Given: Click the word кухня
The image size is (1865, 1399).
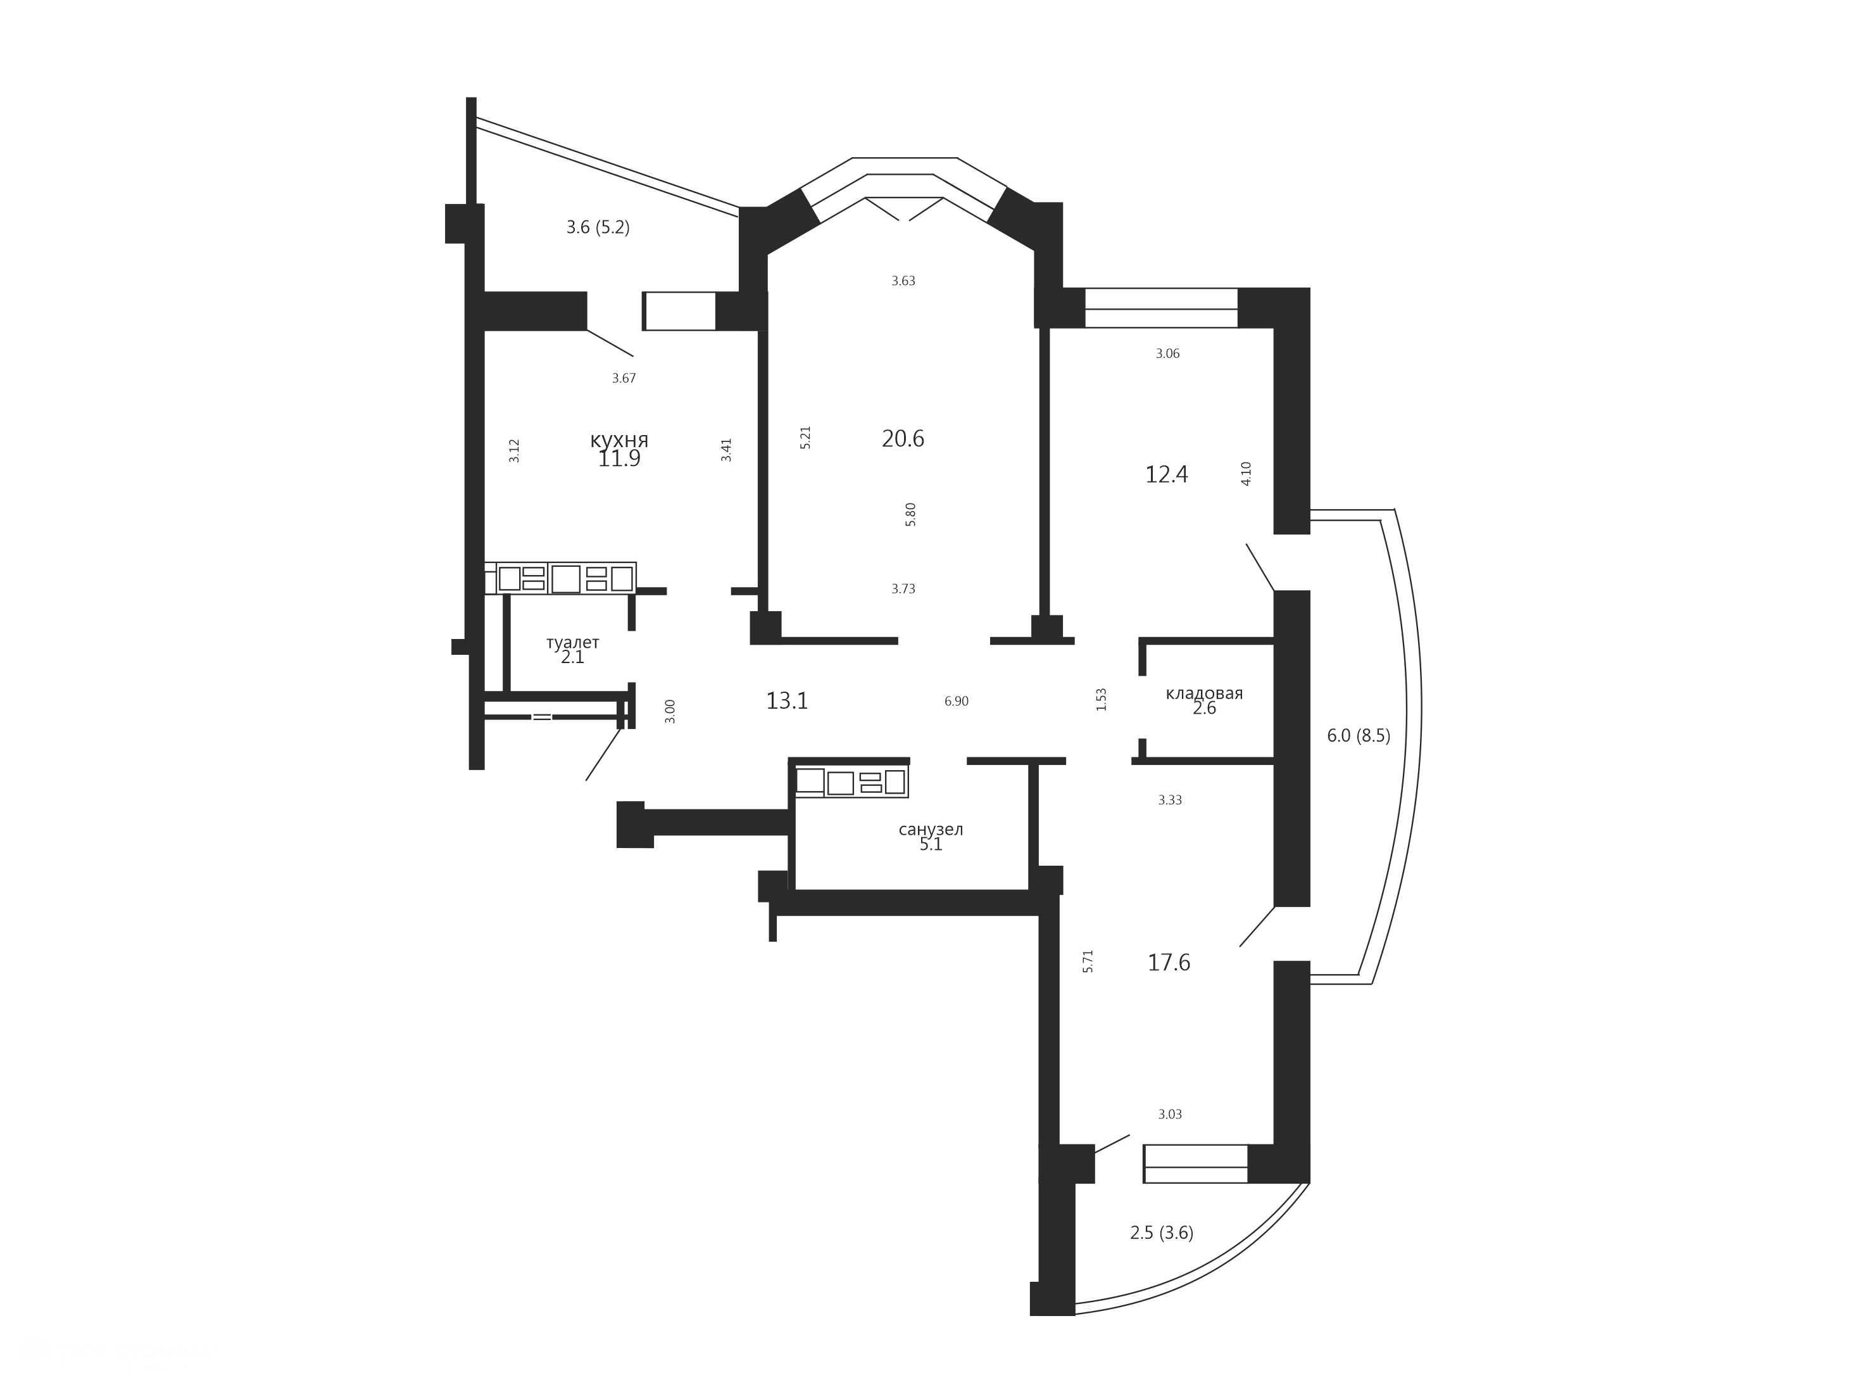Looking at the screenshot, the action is pos(619,440).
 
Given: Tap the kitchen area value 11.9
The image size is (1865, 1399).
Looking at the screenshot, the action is pos(619,459).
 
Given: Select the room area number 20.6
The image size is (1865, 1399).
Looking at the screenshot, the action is pos(903,438).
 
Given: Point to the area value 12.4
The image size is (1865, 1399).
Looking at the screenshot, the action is pos(1167,475).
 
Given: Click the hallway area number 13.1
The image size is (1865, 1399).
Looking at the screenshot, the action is pos(787,700).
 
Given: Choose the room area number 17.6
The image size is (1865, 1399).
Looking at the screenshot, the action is pos(1169,962).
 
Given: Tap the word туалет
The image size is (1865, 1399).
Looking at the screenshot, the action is pos(572,643).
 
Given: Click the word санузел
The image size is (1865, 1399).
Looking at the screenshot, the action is pos(931,830).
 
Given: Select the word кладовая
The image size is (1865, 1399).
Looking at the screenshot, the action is pos(1204,694).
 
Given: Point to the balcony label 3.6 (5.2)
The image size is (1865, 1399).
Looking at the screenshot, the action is pos(598,227).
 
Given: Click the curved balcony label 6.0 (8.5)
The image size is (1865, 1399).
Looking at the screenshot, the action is pos(1359,735).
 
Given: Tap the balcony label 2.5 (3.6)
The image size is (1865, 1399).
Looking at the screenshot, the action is pos(1162,1233).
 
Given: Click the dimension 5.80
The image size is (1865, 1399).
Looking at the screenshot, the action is pos(910,514).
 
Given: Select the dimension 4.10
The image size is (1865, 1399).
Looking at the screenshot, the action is pos(1246,474).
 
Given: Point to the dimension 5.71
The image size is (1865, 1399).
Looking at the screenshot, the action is pos(1088,961).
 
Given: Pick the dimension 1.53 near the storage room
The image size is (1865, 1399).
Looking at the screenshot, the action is pos(1101,700).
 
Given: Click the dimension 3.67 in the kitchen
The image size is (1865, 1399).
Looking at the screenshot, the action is pos(624,379).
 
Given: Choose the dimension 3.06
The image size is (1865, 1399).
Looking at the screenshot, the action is pos(1168,354).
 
